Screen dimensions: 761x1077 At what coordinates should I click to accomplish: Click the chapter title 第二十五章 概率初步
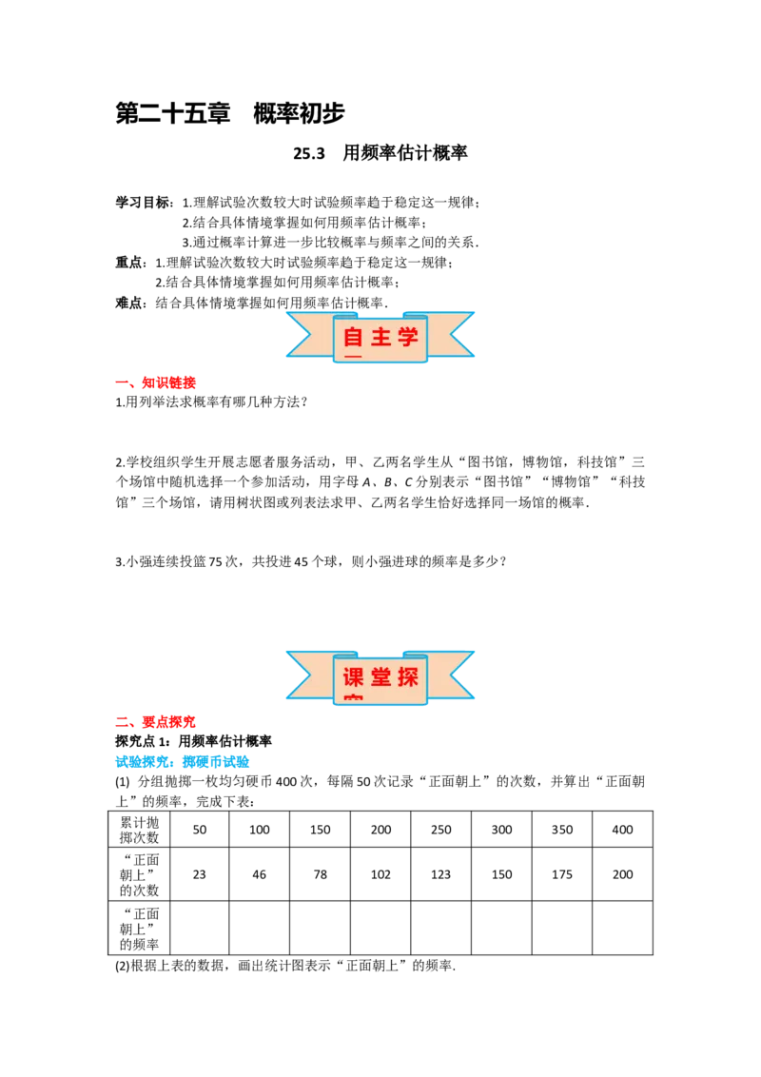[230, 113]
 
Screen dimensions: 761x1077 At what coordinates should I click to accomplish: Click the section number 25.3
[309, 153]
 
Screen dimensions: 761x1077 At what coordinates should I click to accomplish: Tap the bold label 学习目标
[143, 203]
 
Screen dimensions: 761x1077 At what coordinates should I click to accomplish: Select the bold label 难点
[129, 303]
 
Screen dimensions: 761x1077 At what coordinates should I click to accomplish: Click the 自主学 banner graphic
[380, 337]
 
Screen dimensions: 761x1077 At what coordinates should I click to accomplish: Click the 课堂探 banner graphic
[380, 677]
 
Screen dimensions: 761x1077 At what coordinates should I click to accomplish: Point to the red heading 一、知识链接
[156, 382]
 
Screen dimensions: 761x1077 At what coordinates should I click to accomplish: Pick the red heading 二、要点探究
[156, 722]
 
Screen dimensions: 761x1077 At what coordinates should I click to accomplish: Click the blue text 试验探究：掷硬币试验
[183, 762]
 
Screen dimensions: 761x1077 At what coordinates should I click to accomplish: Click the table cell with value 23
[199, 873]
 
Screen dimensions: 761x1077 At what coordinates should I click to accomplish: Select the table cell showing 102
[380, 873]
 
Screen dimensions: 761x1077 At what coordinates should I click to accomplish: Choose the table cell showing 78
[320, 873]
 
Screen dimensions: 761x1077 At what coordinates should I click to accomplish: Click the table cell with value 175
[562, 873]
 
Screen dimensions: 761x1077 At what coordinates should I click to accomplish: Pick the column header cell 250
[441, 829]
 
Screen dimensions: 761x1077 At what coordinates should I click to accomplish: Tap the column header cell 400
[622, 829]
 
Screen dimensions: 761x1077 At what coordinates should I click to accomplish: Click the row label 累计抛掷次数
[140, 829]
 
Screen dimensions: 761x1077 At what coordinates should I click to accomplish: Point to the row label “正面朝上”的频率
[140, 928]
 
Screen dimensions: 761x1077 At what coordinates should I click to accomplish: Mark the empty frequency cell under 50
[199, 928]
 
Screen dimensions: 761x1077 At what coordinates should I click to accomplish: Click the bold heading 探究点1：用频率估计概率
[194, 742]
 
